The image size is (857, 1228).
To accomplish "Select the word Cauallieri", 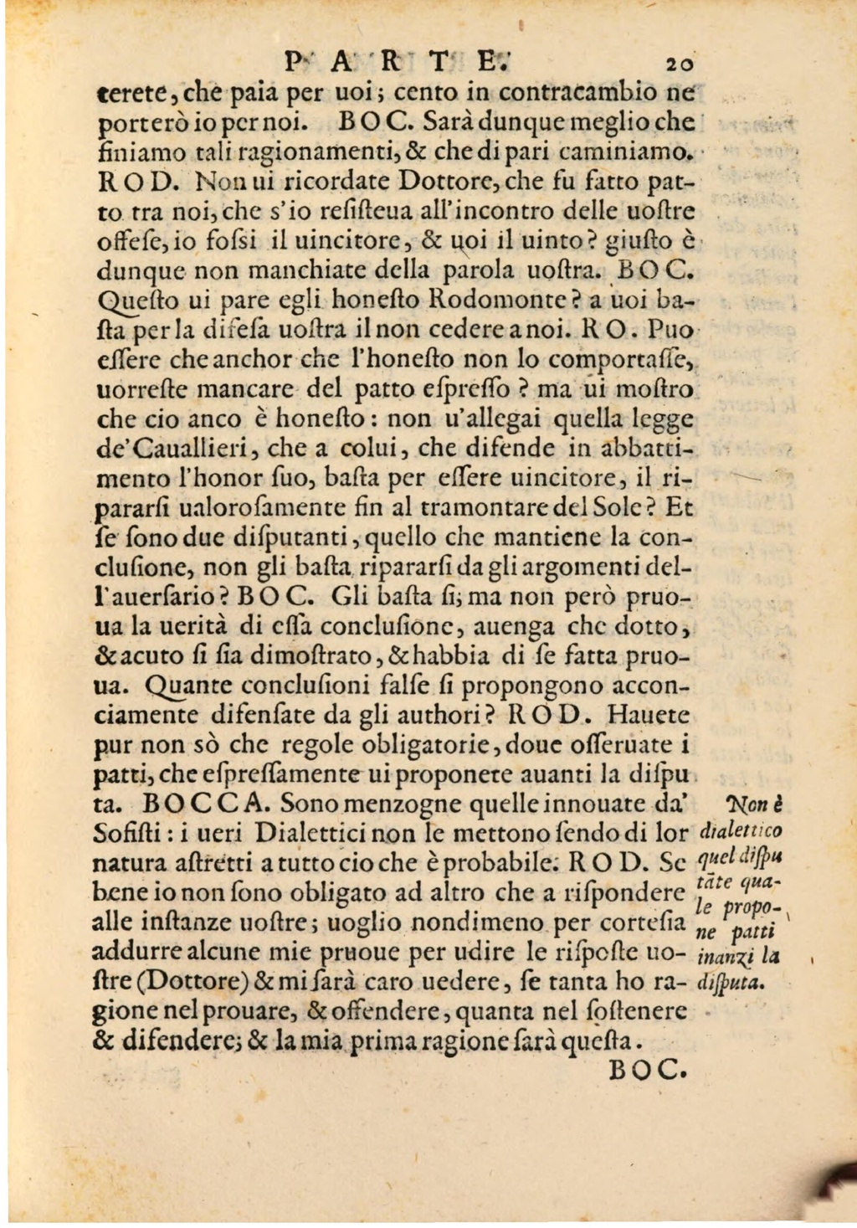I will [173, 449].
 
